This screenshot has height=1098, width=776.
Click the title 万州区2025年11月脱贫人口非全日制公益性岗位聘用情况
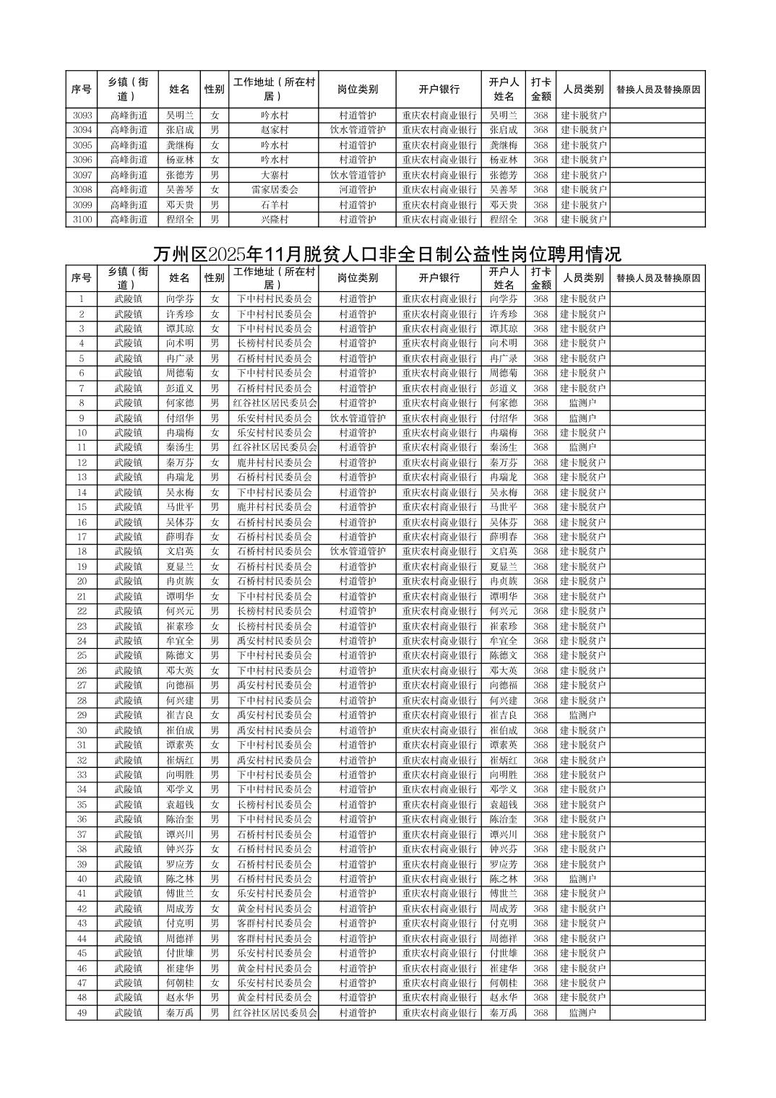point(387,255)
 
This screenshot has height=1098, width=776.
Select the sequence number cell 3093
point(82,116)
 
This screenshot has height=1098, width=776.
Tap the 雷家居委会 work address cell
point(275,190)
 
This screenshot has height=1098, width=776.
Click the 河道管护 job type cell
point(358,190)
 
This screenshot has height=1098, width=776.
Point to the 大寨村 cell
point(275,175)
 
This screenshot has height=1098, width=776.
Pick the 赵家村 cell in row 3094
point(275,130)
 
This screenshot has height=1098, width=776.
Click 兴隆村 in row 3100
point(275,220)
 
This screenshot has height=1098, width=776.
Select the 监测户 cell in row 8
point(582,403)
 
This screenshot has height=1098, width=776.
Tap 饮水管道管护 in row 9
point(358,418)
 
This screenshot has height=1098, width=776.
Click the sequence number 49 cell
point(82,1013)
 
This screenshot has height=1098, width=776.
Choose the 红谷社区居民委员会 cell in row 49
point(275,1013)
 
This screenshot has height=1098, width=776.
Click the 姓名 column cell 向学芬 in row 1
point(180,299)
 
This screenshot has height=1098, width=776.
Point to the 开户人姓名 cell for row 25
point(504,656)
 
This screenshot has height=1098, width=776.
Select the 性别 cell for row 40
point(215,879)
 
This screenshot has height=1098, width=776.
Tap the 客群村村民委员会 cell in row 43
point(275,924)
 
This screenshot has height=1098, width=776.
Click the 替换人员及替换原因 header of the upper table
point(658,90)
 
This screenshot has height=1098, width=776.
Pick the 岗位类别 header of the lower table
point(358,278)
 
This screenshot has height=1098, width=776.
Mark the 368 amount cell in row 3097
point(540,175)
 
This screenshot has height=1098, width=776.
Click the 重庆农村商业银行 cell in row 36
point(439,819)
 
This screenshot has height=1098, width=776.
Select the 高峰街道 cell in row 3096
point(129,160)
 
